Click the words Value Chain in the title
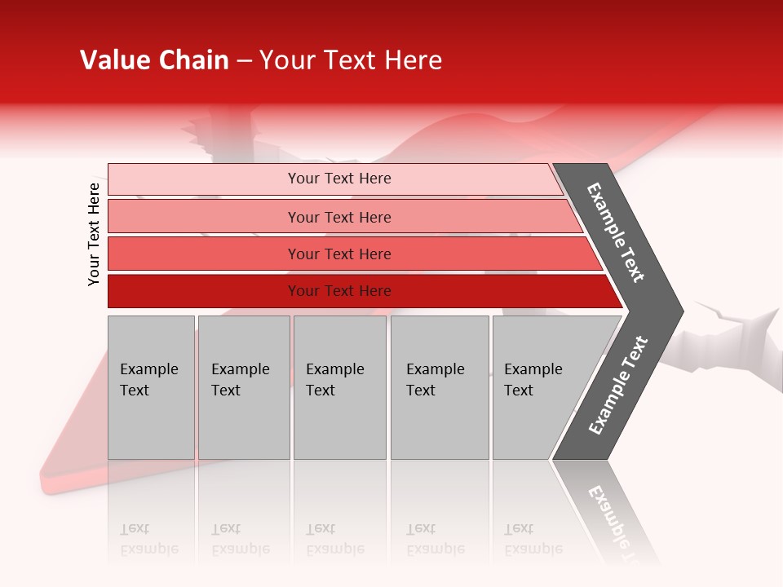[154, 60]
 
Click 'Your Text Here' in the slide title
[351, 60]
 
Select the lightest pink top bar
[204, 179]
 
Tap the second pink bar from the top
[204, 217]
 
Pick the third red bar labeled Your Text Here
[204, 254]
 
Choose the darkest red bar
[204, 291]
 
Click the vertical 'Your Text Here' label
[94, 234]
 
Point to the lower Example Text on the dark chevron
[618, 385]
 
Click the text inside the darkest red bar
[339, 291]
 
